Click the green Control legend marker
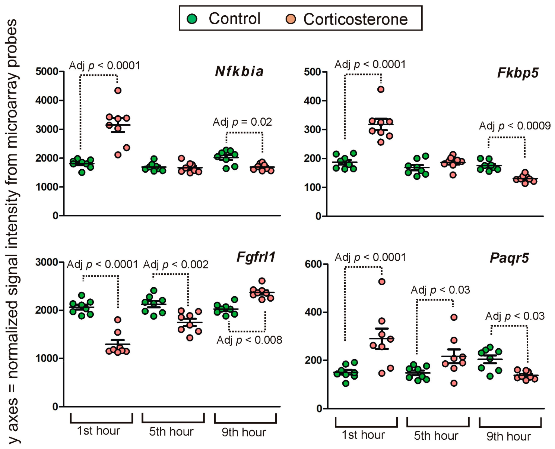pos(192,19)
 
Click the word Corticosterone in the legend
pos(355,19)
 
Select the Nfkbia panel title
pos(240,71)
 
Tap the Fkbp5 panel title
pos(518,73)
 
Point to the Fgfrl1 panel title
pos(256,257)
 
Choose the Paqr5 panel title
pos(509,258)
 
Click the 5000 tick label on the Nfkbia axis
pos(47,71)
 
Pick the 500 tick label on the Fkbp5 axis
pos(313,72)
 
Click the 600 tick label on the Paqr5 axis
pos(313,264)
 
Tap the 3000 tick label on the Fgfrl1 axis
pos(47,262)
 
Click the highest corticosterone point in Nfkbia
pos(118,91)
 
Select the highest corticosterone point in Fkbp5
pos(381,90)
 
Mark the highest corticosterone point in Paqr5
pos(382,282)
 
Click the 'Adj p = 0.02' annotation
pos(242,122)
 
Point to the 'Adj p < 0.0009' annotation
pos(515,126)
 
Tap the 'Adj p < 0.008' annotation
pos(249,340)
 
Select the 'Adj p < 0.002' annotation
pos(176,265)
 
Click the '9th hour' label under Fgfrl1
pos(244,432)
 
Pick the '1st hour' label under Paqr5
pos(363,435)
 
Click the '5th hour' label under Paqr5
pos(436,436)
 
